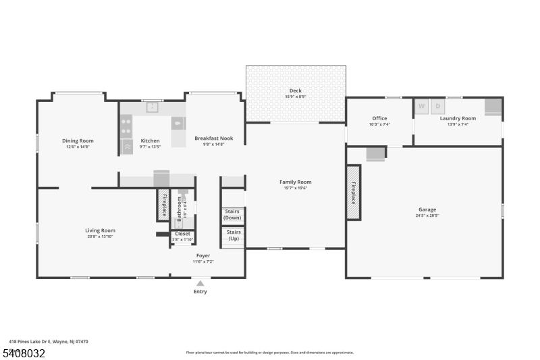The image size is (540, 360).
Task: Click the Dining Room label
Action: click(x=78, y=140)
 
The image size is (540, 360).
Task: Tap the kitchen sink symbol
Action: click(x=153, y=107)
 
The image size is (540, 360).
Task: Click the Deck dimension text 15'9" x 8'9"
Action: click(x=296, y=97)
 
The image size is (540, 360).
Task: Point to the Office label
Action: click(x=379, y=118)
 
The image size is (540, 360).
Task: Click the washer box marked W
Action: click(x=422, y=106)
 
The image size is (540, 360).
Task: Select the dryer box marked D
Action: click(x=437, y=106)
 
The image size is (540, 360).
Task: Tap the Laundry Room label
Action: click(x=458, y=118)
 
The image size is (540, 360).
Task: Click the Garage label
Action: click(x=427, y=209)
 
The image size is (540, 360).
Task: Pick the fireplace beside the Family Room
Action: click(x=353, y=192)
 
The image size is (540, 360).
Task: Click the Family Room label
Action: click(x=296, y=182)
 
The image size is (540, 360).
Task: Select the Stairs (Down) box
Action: click(x=232, y=215)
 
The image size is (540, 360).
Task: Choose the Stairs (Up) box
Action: click(x=233, y=236)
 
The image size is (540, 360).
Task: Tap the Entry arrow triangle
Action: click(x=200, y=284)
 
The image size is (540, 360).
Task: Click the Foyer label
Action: click(x=202, y=256)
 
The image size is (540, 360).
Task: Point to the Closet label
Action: click(x=182, y=234)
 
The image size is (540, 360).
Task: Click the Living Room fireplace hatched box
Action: click(x=163, y=205)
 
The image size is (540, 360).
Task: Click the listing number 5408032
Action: click(x=23, y=353)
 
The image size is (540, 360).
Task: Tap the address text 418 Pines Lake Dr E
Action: click(x=31, y=342)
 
